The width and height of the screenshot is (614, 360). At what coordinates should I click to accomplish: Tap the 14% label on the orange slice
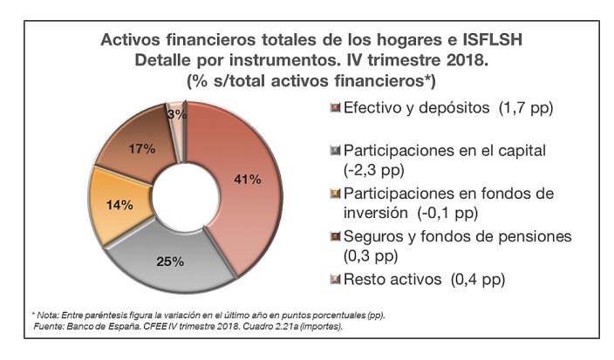119,206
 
